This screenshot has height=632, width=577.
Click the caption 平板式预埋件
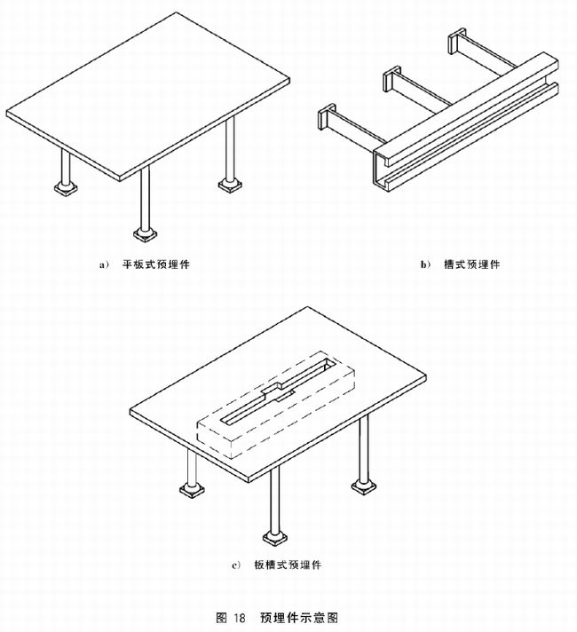pyautogui.click(x=156, y=265)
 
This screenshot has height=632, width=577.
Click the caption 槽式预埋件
pyautogui.click(x=471, y=265)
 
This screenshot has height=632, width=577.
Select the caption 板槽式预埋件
pyautogui.click(x=288, y=565)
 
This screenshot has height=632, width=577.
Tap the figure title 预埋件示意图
pyautogui.click(x=299, y=617)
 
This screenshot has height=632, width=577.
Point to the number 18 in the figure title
pyautogui.click(x=239, y=618)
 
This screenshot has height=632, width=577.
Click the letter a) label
pyautogui.click(x=104, y=265)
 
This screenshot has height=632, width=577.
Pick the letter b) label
pyautogui.click(x=425, y=265)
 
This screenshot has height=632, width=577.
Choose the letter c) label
pyautogui.click(x=236, y=565)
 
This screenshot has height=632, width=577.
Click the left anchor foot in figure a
pyautogui.click(x=66, y=188)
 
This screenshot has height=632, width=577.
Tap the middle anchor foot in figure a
pyautogui.click(x=146, y=234)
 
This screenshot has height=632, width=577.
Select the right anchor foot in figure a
pyautogui.click(x=230, y=185)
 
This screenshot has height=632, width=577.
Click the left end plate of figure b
pyautogui.click(x=326, y=117)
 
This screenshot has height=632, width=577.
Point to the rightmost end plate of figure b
pyautogui.click(x=457, y=41)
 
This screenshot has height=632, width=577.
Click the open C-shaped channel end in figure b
pyautogui.click(x=382, y=170)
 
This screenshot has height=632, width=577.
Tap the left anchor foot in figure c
pyautogui.click(x=192, y=490)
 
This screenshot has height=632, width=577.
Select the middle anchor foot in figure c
pyautogui.click(x=275, y=537)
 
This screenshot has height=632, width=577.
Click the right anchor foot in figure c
pyautogui.click(x=364, y=487)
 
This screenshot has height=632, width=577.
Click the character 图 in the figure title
pyautogui.click(x=222, y=618)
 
